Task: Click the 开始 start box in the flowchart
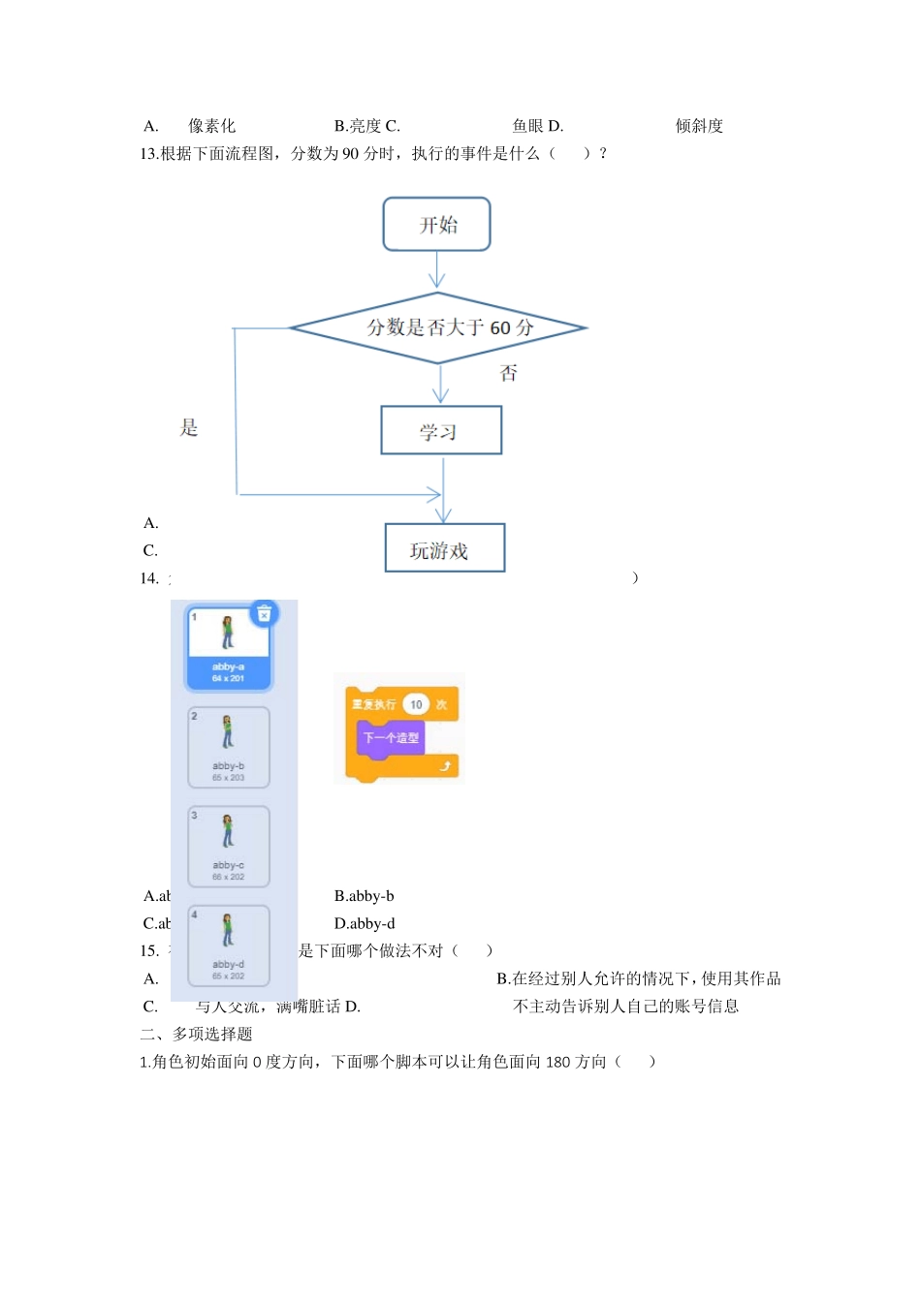[437, 225]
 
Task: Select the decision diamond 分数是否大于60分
[438, 327]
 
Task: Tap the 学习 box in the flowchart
[441, 431]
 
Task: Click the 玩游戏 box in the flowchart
[445, 549]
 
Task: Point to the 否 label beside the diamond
[509, 373]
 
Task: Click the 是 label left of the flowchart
[189, 427]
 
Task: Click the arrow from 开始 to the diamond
[437, 270]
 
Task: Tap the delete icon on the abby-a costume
[264, 613]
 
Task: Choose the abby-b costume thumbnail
[229, 746]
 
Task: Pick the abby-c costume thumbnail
[229, 846]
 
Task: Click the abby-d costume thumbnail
[229, 945]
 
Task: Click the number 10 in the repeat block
[416, 704]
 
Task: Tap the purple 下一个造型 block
[391, 737]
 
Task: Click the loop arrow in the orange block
[445, 766]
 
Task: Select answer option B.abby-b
[364, 896]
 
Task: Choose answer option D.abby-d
[365, 923]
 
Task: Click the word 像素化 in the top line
[211, 126]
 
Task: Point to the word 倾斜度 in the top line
[699, 126]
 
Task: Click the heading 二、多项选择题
[196, 1034]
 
